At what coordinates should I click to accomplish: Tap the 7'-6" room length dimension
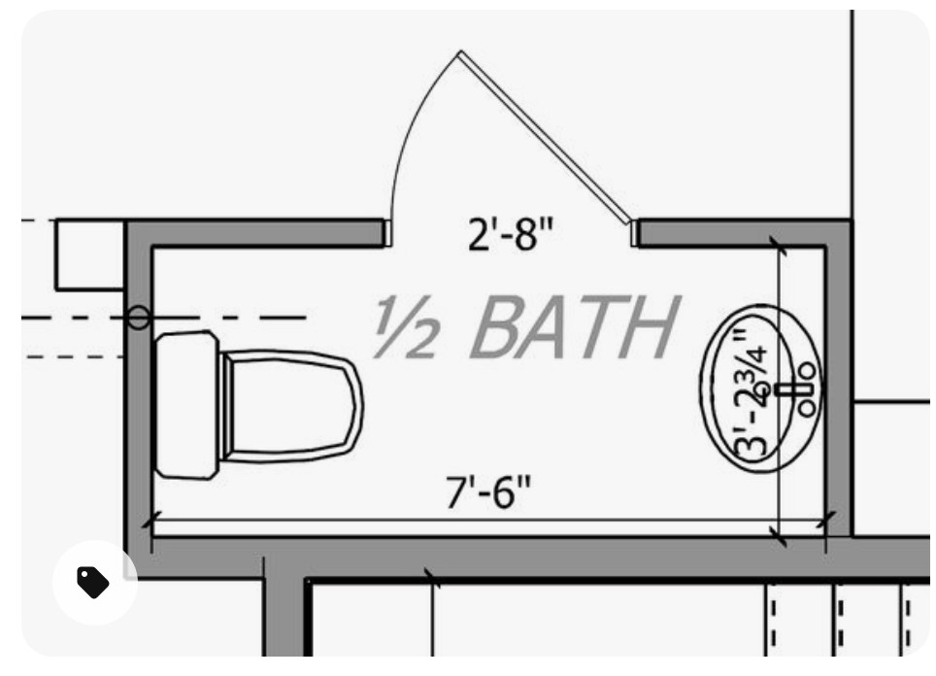[x=489, y=493]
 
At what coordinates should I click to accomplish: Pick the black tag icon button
[x=93, y=582]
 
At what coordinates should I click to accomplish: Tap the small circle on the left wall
[x=139, y=318]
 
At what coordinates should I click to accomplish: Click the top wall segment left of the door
[x=262, y=232]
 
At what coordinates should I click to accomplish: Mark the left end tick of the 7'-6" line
[x=148, y=523]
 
